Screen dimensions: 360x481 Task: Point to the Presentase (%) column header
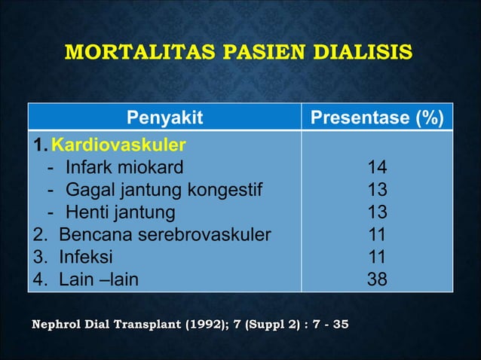(377, 117)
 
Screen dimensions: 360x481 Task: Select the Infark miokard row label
(124, 166)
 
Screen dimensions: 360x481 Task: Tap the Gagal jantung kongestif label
(164, 189)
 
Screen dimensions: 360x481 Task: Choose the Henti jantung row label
(120, 212)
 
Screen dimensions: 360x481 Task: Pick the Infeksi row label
(86, 257)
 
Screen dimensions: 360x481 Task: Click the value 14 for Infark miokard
(377, 166)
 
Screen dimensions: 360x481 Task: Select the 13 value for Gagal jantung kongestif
(377, 189)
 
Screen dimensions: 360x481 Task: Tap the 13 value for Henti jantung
(377, 212)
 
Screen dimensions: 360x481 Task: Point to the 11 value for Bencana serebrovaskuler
(377, 234)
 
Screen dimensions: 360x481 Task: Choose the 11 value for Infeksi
(377, 257)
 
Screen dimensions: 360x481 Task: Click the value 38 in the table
(377, 279)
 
